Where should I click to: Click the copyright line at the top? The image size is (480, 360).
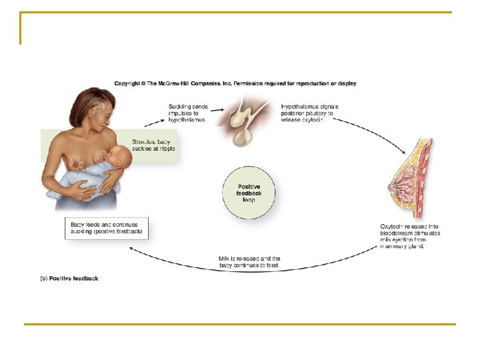[x=235, y=83]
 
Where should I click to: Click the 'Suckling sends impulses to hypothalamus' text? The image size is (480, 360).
[x=189, y=113]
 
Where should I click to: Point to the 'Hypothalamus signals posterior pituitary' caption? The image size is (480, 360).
[x=310, y=113]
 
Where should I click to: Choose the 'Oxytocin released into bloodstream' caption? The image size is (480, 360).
[x=410, y=237]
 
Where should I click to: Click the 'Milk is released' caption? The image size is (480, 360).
[x=250, y=262]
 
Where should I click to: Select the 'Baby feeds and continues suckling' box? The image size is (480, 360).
[x=107, y=228]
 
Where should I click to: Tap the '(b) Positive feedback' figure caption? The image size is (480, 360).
[x=69, y=278]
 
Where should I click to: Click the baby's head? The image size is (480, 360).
[x=120, y=157]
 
